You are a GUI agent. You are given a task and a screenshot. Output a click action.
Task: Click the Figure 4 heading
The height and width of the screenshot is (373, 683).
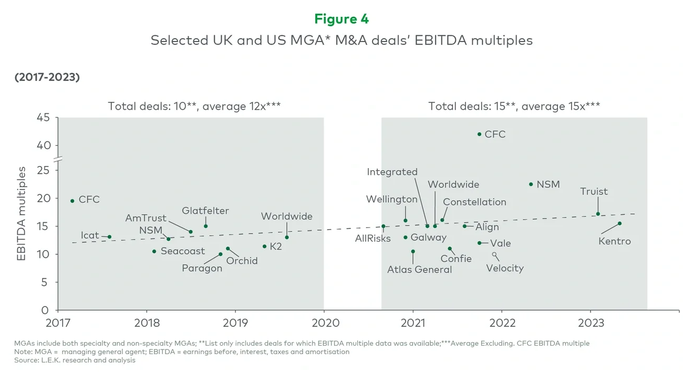[341, 19]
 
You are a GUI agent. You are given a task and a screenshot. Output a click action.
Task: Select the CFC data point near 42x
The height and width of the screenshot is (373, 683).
[479, 134]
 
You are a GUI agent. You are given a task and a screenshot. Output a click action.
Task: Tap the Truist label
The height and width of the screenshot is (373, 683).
[594, 192]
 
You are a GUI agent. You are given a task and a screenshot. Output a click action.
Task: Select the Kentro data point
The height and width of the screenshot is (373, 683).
[619, 223]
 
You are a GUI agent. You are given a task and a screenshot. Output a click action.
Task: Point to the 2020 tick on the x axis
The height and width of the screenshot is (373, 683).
[324, 321]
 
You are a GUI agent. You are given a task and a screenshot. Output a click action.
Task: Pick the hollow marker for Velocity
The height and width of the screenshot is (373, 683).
[494, 254]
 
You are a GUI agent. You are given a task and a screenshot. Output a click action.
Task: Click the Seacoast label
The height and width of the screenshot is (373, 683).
[182, 251]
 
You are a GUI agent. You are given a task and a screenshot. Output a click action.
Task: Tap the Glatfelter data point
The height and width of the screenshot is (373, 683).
[205, 226]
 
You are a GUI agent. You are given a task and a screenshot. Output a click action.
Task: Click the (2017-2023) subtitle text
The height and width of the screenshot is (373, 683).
[47, 77]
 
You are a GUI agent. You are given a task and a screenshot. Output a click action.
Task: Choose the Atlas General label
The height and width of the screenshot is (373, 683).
[419, 270]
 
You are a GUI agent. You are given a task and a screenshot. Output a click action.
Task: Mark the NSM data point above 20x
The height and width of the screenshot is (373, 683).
[531, 184]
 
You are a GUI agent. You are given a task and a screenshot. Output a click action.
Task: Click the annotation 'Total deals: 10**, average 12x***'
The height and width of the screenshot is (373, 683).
[194, 106]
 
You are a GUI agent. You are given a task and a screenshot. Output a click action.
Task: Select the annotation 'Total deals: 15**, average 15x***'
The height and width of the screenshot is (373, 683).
[514, 106]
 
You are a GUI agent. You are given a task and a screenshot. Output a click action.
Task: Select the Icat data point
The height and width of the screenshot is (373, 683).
[109, 237]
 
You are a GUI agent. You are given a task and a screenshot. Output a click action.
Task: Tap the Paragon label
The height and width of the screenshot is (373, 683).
[202, 268]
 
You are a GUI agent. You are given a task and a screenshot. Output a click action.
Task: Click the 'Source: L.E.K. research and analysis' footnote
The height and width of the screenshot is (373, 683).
[75, 360]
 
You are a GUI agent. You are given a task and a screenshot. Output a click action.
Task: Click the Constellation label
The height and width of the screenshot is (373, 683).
[474, 202]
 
